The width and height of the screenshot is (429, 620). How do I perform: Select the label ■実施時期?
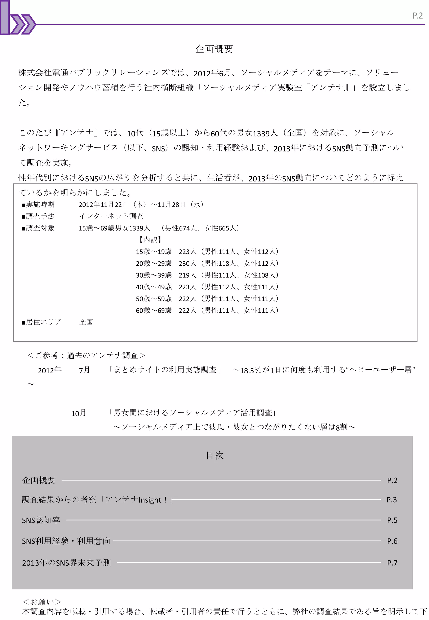(x=38, y=205)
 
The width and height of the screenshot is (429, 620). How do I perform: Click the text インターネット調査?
(x=111, y=216)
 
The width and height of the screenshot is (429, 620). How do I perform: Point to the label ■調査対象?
(x=38, y=228)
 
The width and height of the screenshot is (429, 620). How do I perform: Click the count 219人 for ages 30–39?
(x=187, y=275)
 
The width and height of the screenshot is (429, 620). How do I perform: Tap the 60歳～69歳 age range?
(x=154, y=310)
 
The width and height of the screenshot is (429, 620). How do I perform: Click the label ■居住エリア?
(x=42, y=322)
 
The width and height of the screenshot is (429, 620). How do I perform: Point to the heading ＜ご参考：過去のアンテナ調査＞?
(x=86, y=355)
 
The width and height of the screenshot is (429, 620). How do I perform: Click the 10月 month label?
(x=79, y=413)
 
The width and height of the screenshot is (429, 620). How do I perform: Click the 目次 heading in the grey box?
(x=215, y=455)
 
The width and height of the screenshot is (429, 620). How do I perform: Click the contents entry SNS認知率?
(x=41, y=520)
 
